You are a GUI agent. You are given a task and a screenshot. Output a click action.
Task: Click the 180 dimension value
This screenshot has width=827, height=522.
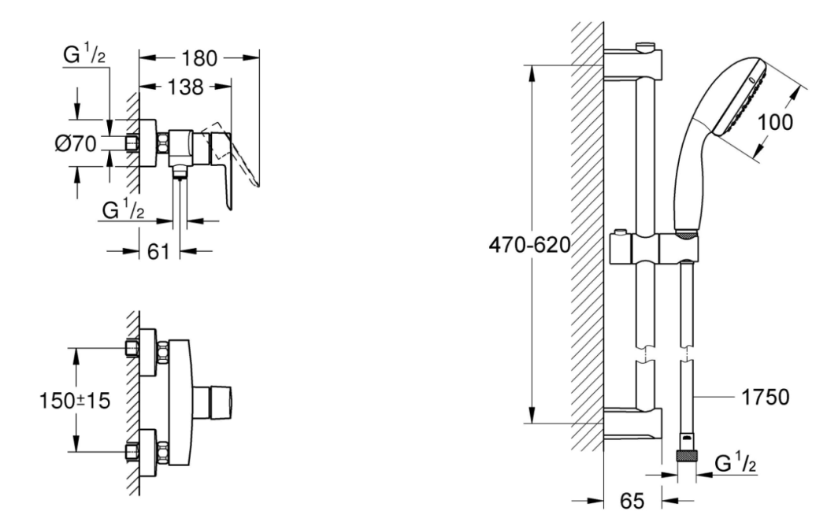tap(198, 58)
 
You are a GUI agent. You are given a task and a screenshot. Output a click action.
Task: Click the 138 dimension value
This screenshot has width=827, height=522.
tap(185, 87)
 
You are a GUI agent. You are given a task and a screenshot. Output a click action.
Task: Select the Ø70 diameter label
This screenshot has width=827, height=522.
tap(76, 143)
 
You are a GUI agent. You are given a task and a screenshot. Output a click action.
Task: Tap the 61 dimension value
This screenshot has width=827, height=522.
tap(158, 251)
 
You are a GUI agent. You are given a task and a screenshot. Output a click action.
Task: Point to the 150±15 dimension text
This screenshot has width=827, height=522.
tap(75, 401)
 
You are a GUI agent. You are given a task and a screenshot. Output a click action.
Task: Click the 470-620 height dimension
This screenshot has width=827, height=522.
tap(529, 245)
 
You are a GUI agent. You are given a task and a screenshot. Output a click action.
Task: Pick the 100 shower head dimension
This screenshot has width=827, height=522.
tap(775, 122)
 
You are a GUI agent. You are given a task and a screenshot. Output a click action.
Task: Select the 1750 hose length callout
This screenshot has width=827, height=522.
tap(766, 397)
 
